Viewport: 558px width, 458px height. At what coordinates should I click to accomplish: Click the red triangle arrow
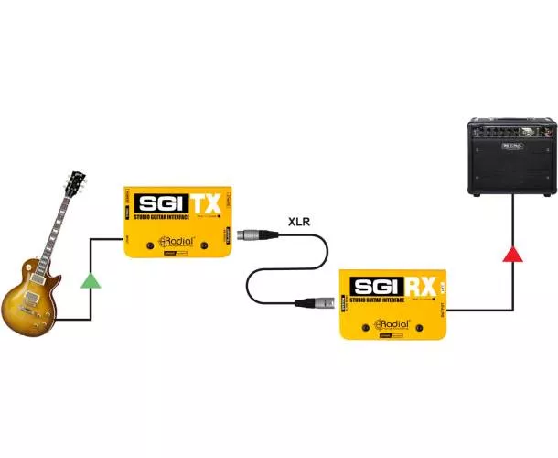(x=512, y=252)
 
